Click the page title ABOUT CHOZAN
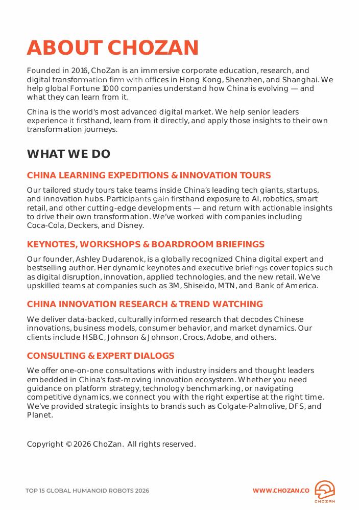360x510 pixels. tap(112, 48)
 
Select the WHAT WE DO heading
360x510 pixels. tap(68, 154)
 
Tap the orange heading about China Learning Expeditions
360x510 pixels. tap(149, 175)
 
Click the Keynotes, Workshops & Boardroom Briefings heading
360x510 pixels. tap(146, 244)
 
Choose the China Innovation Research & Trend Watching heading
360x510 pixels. tap(145, 304)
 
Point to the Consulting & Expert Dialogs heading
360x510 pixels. tap(101, 356)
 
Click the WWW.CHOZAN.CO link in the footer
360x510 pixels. tap(281, 491)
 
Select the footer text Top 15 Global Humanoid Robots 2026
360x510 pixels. tap(87, 491)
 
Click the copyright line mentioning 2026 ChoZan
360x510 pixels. tap(111, 444)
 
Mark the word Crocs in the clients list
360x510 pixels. tap(194, 337)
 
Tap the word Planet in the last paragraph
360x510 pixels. tap(39, 415)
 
